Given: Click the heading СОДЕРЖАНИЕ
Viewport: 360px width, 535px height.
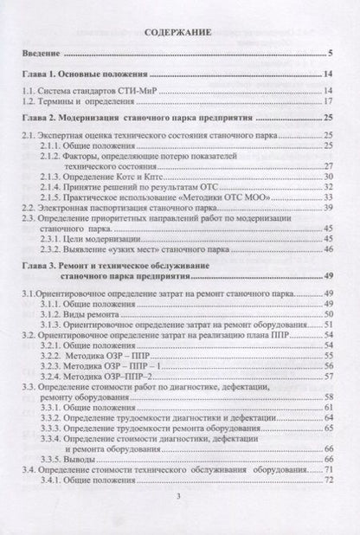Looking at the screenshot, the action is pyautogui.click(x=179, y=31).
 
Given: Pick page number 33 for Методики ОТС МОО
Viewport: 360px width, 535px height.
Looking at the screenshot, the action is pyautogui.click(x=329, y=197).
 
